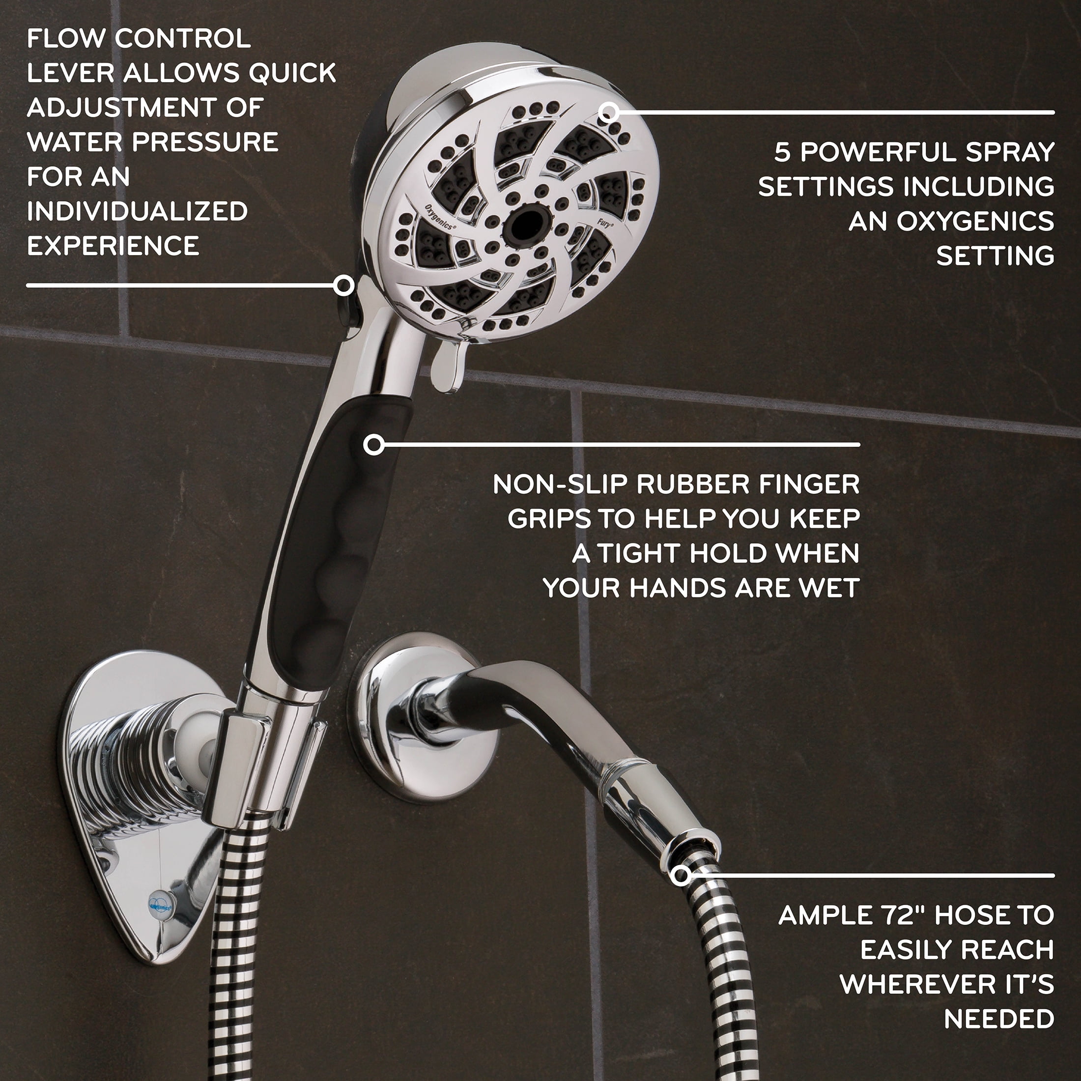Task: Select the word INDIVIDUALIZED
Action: click(137, 211)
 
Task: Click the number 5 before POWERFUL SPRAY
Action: click(782, 152)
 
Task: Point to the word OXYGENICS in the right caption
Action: click(975, 222)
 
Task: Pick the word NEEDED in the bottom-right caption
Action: click(999, 1020)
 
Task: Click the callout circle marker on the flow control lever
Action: click(343, 285)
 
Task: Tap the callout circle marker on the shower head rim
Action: click(608, 113)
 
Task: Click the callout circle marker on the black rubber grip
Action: click(374, 445)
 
